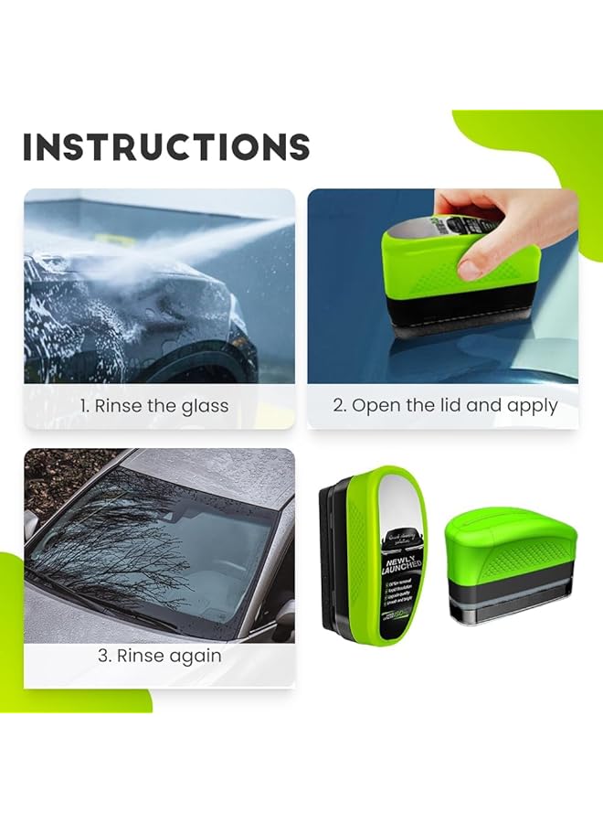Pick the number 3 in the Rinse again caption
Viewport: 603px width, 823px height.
[x=102, y=657]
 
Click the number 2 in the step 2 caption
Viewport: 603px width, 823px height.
[x=338, y=406]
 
